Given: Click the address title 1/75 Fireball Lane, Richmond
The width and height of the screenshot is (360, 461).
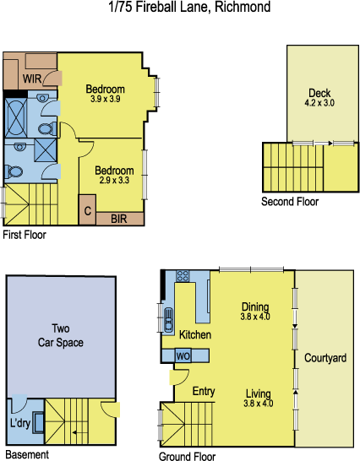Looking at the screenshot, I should (189, 8).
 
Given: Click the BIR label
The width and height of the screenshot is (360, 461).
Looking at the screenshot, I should (118, 218).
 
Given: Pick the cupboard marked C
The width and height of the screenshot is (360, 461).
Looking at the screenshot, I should (87, 209).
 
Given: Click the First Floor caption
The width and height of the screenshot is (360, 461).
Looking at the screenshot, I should (25, 236).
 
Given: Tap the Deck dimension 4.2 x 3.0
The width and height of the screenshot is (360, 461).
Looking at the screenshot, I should (319, 103).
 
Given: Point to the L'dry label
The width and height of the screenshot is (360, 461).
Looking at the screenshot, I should (19, 422).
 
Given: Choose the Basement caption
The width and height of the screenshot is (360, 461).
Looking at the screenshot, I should (25, 454).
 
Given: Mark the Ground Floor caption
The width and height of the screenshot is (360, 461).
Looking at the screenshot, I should (187, 457).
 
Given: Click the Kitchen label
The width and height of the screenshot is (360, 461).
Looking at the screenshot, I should (194, 335).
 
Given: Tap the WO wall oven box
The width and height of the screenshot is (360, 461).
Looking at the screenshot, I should (183, 356).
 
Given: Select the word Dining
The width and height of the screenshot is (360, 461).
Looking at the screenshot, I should (255, 306).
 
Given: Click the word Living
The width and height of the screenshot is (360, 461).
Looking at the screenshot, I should (258, 393).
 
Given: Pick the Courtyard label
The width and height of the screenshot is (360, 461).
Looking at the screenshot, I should (326, 358).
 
